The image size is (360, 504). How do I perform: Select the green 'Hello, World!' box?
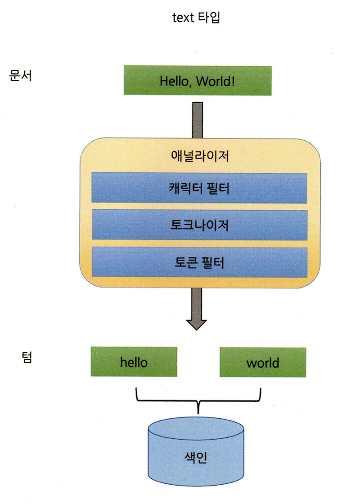[x=198, y=81]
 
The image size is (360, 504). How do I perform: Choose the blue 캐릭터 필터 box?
[x=199, y=188]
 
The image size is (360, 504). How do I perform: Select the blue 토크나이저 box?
[x=199, y=225]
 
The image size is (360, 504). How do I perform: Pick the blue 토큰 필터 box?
[x=199, y=262]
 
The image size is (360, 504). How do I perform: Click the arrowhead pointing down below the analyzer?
[x=197, y=323]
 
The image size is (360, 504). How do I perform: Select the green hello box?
[x=134, y=362]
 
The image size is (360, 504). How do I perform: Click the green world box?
[x=263, y=362]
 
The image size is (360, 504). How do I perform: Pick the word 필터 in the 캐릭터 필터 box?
[x=216, y=188]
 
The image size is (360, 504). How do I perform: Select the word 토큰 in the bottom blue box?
[x=185, y=262]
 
